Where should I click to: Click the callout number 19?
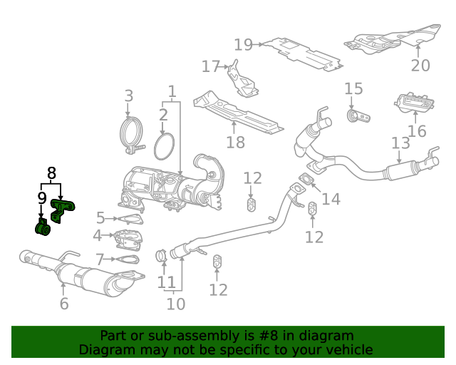pos(244,45)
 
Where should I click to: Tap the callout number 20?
pos(420,65)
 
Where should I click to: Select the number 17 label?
pos(211,66)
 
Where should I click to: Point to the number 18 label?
pos(235,142)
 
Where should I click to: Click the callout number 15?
pos(354,89)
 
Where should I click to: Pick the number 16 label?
pos(417,131)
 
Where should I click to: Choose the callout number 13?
pos(400,143)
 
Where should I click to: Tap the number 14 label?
pos(331,198)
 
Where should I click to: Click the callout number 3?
pos(129,96)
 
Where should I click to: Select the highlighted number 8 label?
pos(51,173)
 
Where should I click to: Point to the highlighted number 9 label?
pos(42,197)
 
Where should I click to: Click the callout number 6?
pos(64,304)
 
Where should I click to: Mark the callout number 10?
pos(175,304)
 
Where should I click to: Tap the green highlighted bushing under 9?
pos(43,229)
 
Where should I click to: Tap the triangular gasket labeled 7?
pos(127,260)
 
